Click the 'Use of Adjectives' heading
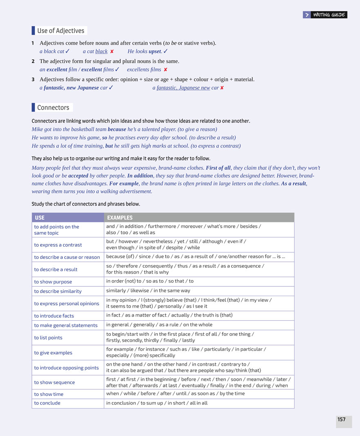click(x=61, y=31)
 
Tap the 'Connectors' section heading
click(x=53, y=108)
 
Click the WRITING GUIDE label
click(x=329, y=15)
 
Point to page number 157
click(x=342, y=419)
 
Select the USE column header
click(x=40, y=218)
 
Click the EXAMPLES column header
click(x=119, y=218)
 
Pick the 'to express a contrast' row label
click(x=58, y=245)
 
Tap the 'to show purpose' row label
click(x=53, y=282)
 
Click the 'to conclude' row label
click(x=47, y=403)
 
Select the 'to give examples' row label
click(x=53, y=353)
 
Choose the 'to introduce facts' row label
click(x=54, y=316)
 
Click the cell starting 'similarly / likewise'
click(x=148, y=291)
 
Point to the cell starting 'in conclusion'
click(x=157, y=403)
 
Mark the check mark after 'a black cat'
click(x=67, y=51)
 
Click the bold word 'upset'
click(x=155, y=52)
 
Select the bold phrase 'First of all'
click(x=218, y=168)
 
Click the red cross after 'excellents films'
click(x=165, y=70)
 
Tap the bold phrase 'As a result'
click(x=293, y=183)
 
